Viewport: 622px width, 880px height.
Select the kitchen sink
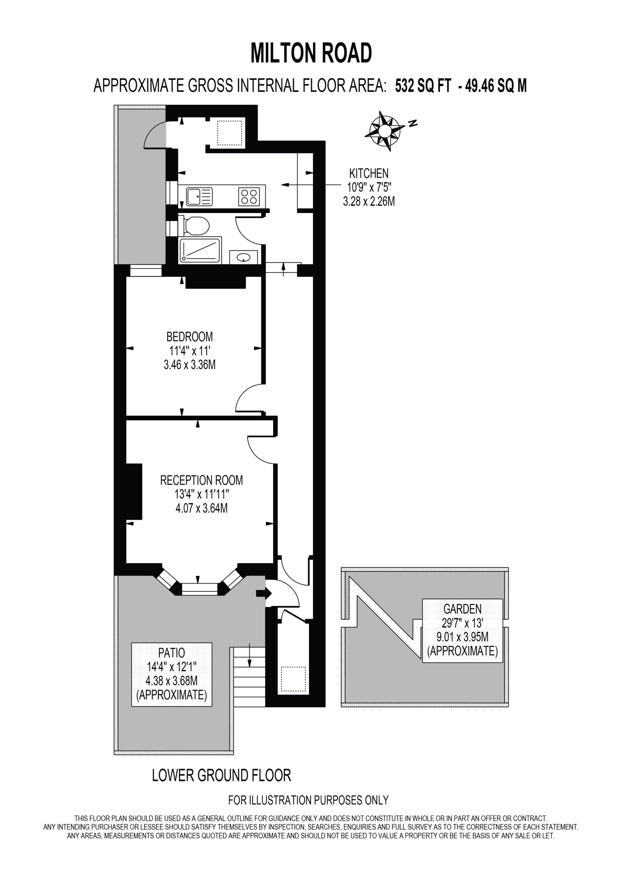tap(199, 196)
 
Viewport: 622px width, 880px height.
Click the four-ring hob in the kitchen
tap(249, 196)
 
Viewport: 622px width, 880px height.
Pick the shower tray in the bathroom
tap(200, 250)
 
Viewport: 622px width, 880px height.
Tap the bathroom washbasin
tap(243, 257)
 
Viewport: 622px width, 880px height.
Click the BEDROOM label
tap(189, 337)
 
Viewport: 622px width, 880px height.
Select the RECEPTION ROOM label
tap(201, 480)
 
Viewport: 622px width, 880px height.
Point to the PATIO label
tap(171, 652)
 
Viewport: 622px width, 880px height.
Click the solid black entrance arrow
tap(264, 594)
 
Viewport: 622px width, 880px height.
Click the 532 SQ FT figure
tap(423, 86)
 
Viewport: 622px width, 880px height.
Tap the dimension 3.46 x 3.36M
tap(190, 364)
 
